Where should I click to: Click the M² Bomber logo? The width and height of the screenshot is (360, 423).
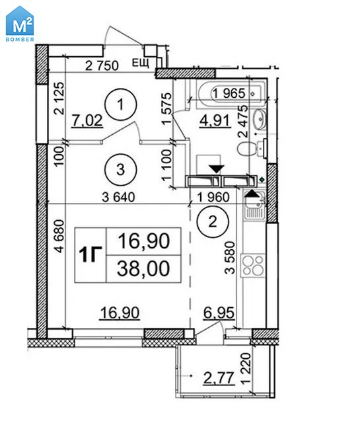coord(20,24)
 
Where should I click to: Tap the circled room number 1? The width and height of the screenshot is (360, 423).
coord(121,104)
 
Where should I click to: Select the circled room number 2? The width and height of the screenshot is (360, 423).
coord(213,222)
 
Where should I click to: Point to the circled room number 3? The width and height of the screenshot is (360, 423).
coord(120,170)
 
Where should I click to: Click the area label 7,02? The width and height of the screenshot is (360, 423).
coord(87,120)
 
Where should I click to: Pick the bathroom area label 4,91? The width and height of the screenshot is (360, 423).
coord(215,120)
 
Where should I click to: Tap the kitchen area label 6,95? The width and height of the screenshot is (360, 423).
coord(219,313)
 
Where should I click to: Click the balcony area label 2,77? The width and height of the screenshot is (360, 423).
coord(219,378)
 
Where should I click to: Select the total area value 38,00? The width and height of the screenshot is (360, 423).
coord(143,268)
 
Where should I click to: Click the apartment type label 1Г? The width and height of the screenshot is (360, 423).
coord(90,254)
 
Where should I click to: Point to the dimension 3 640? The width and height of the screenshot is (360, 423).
coord(118,197)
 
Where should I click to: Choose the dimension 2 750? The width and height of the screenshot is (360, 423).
coord(102,65)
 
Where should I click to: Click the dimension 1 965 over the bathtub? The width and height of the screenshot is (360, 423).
coord(229,93)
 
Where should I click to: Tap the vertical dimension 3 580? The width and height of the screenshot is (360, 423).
coord(230,258)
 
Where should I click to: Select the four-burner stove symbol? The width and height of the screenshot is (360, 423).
coord(253,266)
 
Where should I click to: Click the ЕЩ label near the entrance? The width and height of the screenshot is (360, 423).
coord(141,63)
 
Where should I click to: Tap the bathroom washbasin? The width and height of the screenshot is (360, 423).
coord(260,119)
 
